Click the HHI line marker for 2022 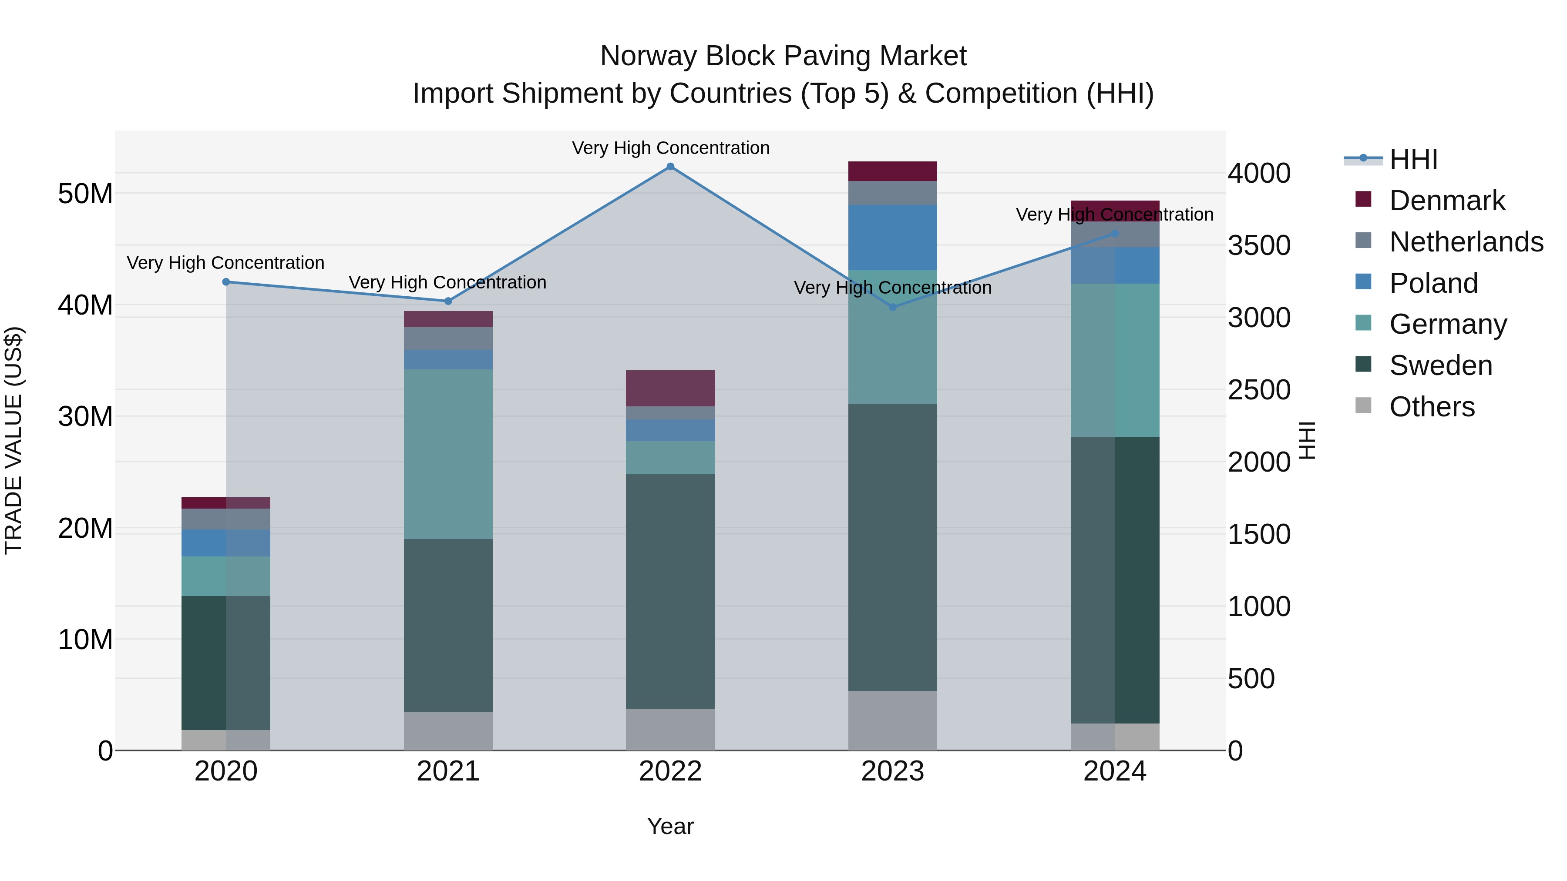[x=670, y=167]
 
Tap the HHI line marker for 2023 [x=892, y=307]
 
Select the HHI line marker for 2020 [x=226, y=282]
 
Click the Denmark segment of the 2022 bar [x=670, y=388]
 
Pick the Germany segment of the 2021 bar [x=448, y=454]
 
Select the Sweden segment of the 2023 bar [x=892, y=547]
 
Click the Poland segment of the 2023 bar [x=892, y=237]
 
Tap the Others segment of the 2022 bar [x=670, y=729]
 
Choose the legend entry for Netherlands [x=1466, y=242]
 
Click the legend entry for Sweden [x=1440, y=365]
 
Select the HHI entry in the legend [x=1413, y=159]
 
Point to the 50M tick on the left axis [x=85, y=194]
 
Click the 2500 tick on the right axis [x=1258, y=390]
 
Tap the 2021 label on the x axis [x=448, y=771]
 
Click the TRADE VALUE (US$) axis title [x=13, y=440]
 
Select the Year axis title [x=670, y=826]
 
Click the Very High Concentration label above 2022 [x=670, y=148]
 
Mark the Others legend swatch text [x=1432, y=407]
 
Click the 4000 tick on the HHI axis [x=1258, y=173]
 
